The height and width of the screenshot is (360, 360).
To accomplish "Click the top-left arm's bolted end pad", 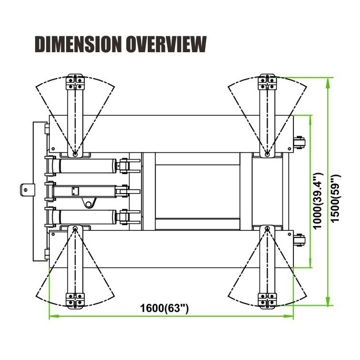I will coord(75,82).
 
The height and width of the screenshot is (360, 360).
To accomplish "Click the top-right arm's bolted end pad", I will coord(266,82).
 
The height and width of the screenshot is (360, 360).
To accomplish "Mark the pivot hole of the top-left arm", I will coord(75,154).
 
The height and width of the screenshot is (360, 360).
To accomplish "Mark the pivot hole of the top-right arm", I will coord(267,154).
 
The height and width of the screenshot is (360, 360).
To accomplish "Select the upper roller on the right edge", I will coord(299,144).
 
